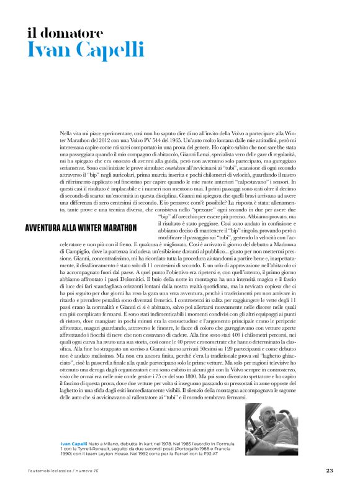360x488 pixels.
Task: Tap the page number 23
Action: [330, 469]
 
